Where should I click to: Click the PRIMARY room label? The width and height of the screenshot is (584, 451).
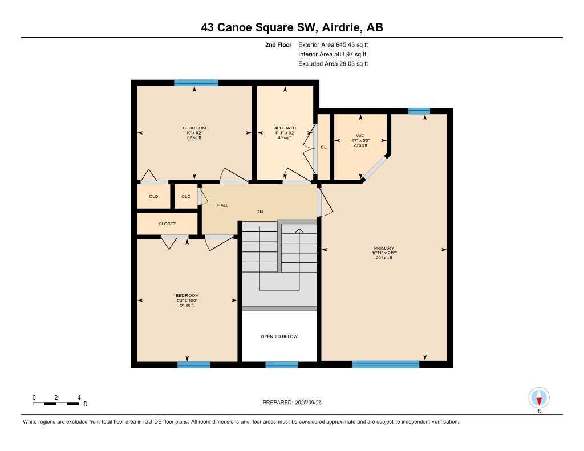click(x=384, y=249)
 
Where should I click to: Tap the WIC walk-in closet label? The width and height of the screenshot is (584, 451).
click(x=360, y=135)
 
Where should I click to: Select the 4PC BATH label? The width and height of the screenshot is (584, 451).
click(x=285, y=128)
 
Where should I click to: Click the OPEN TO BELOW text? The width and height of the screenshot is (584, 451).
click(x=279, y=336)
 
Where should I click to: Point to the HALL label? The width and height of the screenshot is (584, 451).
click(x=222, y=205)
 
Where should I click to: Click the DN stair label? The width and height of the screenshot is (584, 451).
click(x=259, y=212)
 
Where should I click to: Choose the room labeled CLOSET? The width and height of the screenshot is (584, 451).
click(x=167, y=224)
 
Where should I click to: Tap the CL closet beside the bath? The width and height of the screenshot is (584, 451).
click(x=323, y=147)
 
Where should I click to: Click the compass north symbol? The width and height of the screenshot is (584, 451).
click(x=539, y=397)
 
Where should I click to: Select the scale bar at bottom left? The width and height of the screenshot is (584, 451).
click(x=56, y=404)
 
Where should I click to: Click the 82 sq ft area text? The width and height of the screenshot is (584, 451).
click(x=194, y=138)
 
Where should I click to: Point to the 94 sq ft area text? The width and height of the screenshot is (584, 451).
click(x=187, y=306)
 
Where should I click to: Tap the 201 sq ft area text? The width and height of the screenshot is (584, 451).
click(x=384, y=258)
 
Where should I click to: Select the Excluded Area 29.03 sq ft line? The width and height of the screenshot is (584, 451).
click(x=333, y=64)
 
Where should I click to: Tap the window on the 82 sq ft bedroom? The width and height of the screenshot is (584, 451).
click(x=196, y=83)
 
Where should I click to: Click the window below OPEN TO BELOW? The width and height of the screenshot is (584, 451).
click(x=281, y=365)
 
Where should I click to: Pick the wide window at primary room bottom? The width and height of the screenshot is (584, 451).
click(x=386, y=364)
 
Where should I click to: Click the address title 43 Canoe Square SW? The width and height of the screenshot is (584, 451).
click(x=292, y=27)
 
